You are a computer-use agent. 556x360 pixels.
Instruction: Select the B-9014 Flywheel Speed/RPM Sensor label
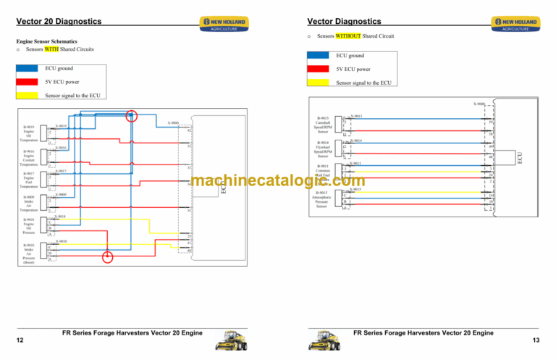tap(323, 149)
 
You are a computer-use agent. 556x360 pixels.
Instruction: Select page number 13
tap(536, 340)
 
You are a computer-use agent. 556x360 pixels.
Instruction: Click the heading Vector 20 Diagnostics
tap(59, 22)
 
